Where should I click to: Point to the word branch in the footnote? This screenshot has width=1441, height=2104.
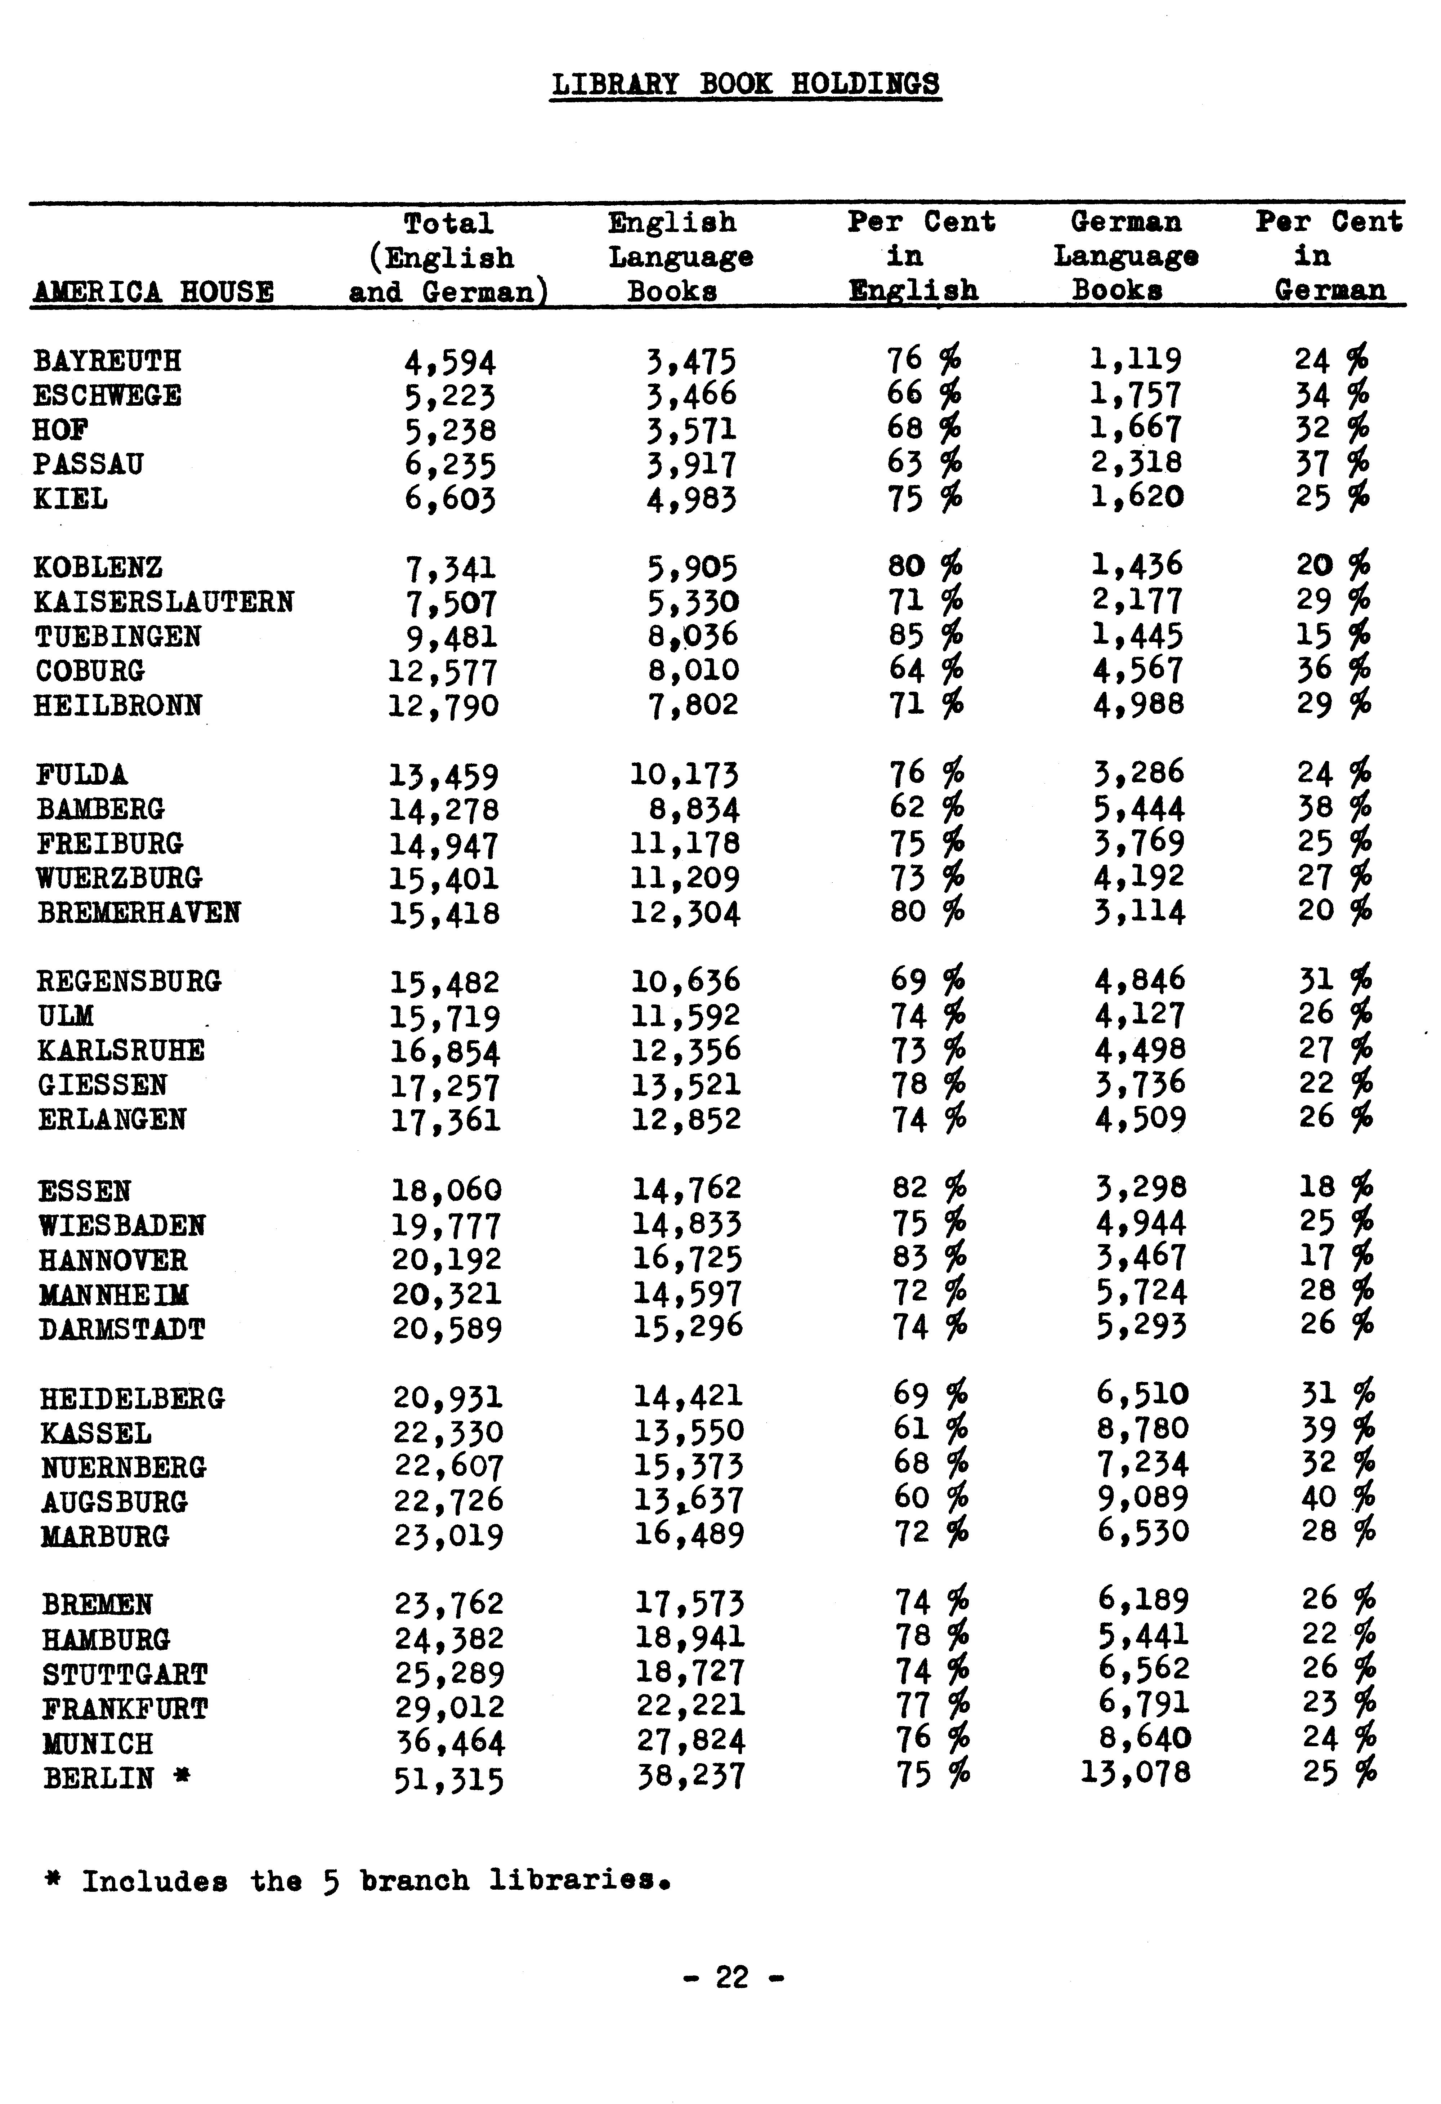click(415, 1881)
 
